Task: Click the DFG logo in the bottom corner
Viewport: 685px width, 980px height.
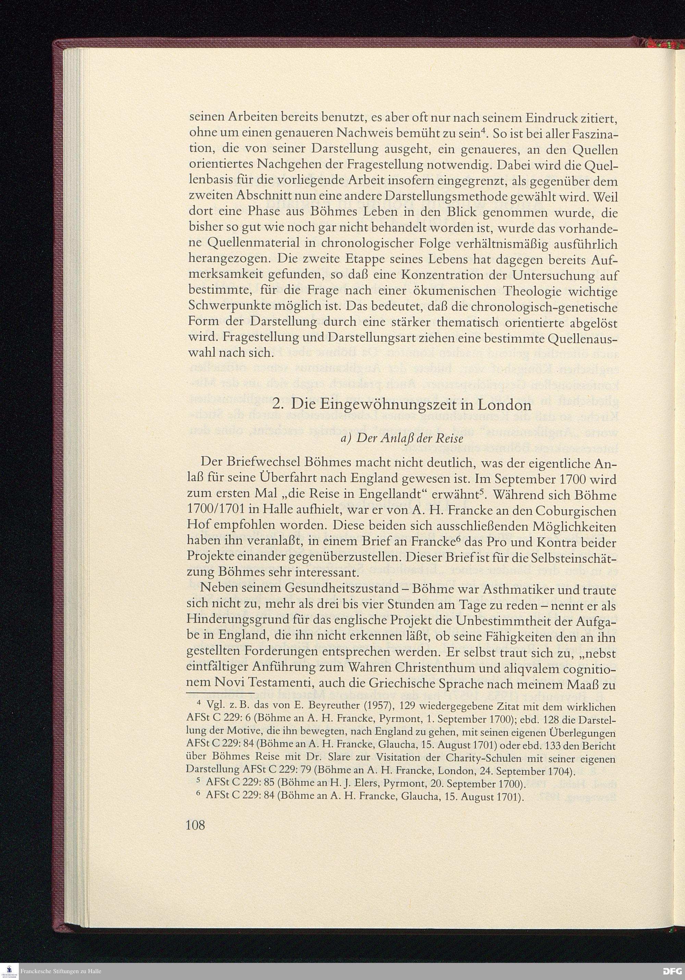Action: click(x=673, y=971)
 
